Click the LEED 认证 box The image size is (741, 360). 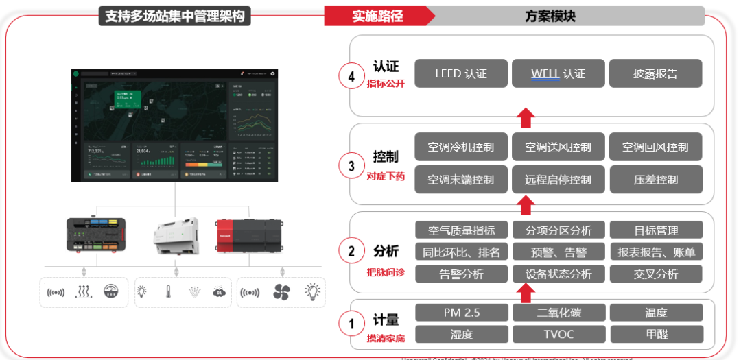point(460,73)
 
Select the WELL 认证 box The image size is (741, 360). point(558,73)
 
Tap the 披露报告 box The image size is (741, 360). point(655,73)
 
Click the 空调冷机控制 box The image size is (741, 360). point(460,147)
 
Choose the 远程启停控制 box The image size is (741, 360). point(558,180)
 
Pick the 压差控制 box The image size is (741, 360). point(655,180)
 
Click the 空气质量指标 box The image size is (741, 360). point(460,230)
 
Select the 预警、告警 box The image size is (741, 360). point(558,252)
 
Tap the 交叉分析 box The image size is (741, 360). point(655,274)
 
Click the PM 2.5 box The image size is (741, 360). point(460,313)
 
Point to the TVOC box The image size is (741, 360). point(558,334)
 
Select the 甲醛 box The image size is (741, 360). point(655,334)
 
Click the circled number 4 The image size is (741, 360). point(351,76)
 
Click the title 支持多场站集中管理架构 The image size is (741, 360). point(175,16)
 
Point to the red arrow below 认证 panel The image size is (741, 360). point(525,117)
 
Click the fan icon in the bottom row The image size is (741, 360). point(282,291)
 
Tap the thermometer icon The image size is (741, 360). point(167,291)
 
